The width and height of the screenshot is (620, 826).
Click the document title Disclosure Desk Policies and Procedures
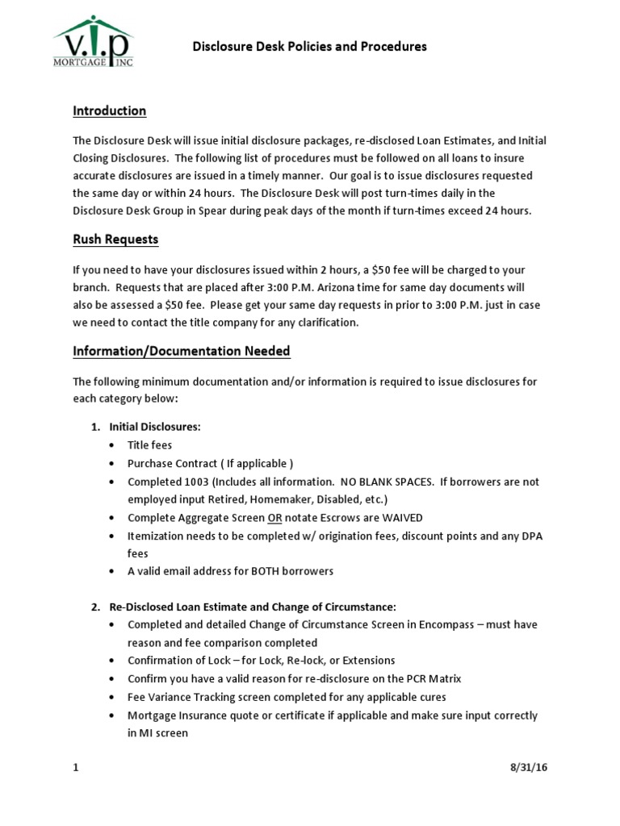coord(309,47)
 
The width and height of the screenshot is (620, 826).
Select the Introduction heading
coord(109,111)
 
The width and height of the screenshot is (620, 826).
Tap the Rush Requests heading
coord(115,239)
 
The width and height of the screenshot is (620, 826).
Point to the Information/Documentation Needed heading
coord(181,351)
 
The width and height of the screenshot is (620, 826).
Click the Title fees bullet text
coord(149,444)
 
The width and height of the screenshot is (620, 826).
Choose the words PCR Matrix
coord(434,678)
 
